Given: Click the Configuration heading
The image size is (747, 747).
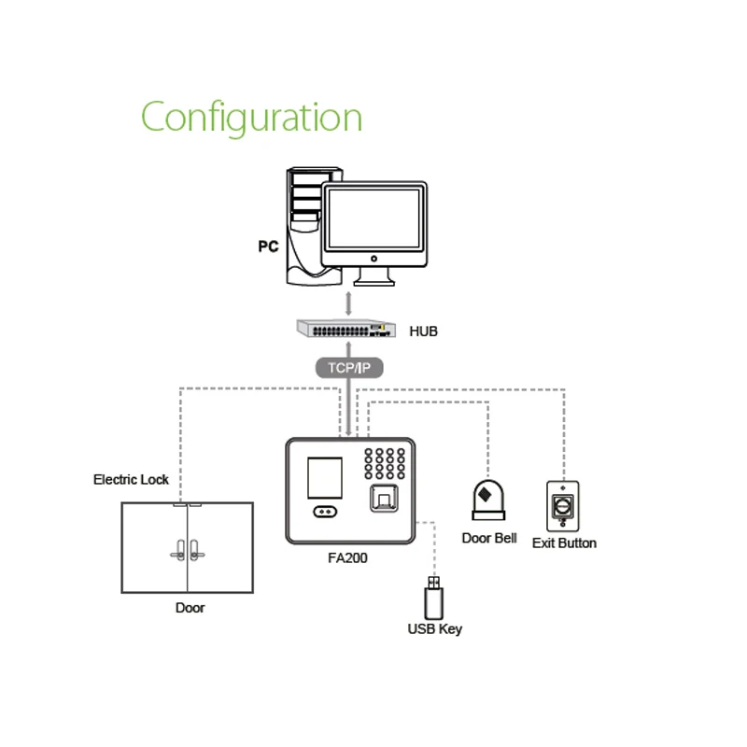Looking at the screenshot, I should click(x=251, y=119).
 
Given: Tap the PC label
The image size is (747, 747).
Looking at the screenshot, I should click(x=268, y=247).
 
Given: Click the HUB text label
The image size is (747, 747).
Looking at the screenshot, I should click(x=423, y=331).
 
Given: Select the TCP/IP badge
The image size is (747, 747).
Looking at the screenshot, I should click(x=349, y=368).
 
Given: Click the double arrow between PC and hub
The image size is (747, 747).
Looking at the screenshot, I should click(x=349, y=303).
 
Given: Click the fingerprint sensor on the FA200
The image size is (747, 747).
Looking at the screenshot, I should click(x=383, y=500).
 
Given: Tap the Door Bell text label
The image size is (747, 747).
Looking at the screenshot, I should click(x=489, y=538).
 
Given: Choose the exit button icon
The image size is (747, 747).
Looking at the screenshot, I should click(x=563, y=506).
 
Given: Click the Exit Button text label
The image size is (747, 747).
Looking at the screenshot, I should click(x=564, y=543).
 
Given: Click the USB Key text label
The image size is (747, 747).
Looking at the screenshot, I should click(x=434, y=629).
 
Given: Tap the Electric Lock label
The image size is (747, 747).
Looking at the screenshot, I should click(x=131, y=479).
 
